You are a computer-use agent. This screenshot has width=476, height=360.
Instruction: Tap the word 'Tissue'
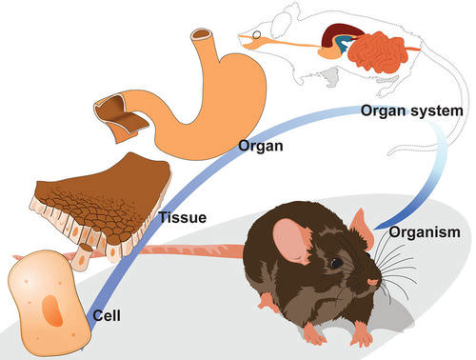(184, 217)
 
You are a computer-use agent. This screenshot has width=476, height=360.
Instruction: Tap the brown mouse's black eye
(336, 263)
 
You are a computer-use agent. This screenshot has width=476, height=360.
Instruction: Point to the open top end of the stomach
(203, 38)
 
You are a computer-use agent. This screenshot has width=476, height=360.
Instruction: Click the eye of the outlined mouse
(255, 37)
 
